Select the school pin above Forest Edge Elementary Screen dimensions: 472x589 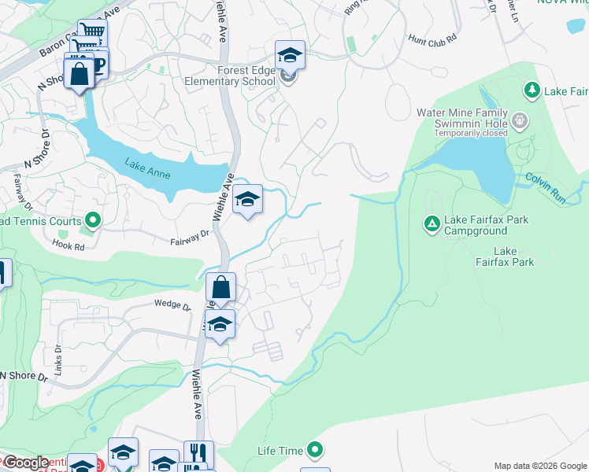pyautogui.click(x=290, y=55)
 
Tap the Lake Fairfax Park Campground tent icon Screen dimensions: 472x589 pyautogui.click(x=432, y=224)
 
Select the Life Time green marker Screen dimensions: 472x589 pyautogui.click(x=315, y=450)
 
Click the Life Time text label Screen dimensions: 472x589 pyautogui.click(x=280, y=451)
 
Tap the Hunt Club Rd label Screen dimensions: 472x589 pyautogui.click(x=433, y=39)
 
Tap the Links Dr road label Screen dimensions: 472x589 pyautogui.click(x=57, y=353)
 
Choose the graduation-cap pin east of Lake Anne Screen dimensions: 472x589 pyautogui.click(x=247, y=200)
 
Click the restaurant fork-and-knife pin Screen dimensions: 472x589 pyautogui.click(x=198, y=454)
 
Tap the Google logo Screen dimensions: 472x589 pyautogui.click(x=26, y=463)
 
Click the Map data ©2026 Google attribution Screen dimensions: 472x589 pyautogui.click(x=540, y=466)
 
